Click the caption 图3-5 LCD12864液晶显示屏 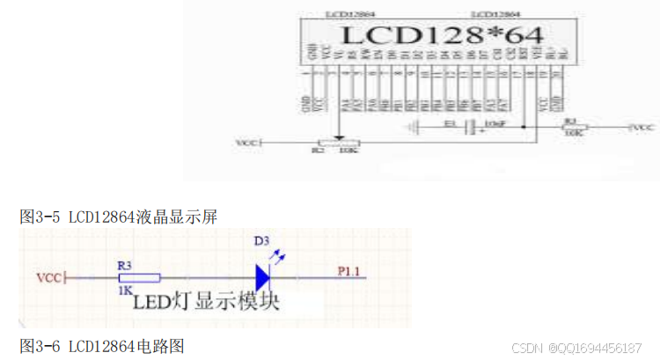(118, 216)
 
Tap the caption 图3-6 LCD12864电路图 (102, 345)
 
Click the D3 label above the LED (262, 240)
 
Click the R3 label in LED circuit (124, 264)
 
